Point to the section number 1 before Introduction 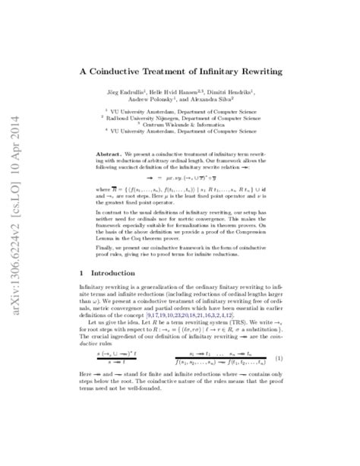tap(82, 313)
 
